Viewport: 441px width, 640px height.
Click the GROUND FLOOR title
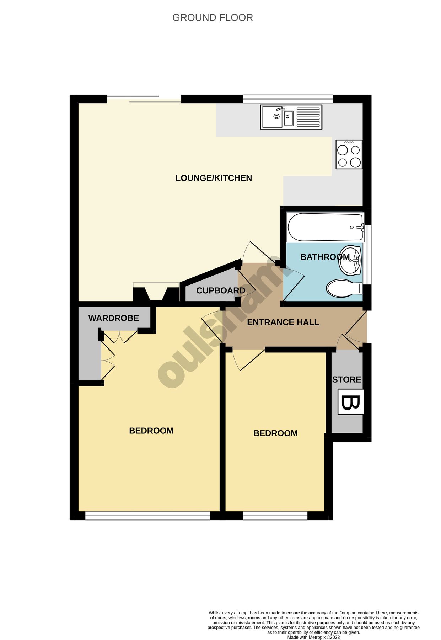[213, 17]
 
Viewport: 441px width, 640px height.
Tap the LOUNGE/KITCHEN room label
[214, 178]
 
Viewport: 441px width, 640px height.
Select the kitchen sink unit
[291, 117]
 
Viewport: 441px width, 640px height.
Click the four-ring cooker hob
[349, 154]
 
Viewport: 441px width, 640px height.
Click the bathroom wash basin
[350, 260]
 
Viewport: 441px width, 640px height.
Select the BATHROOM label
[325, 257]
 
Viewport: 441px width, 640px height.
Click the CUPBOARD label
[221, 290]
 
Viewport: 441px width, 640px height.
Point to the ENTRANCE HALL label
[283, 322]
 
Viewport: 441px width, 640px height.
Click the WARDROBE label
[113, 318]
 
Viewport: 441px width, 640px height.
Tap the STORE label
[346, 379]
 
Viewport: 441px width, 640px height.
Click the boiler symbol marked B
[350, 402]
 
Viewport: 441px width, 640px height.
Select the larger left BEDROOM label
[151, 431]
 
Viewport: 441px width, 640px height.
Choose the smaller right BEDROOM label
[275, 433]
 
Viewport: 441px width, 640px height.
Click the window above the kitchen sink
[288, 98]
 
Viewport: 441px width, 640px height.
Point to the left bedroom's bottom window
[148, 516]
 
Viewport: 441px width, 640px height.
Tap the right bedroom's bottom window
[275, 516]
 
